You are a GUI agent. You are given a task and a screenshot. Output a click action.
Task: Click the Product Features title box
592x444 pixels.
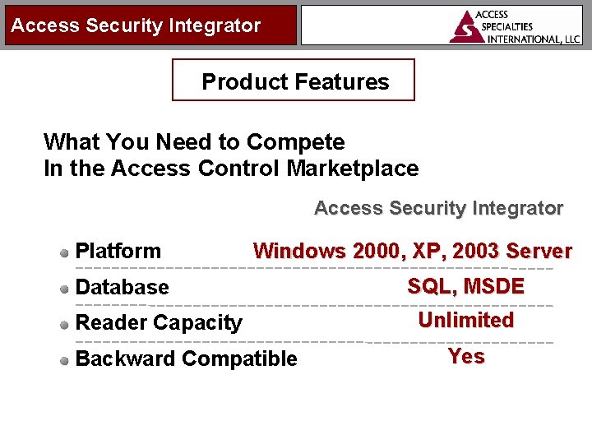294,81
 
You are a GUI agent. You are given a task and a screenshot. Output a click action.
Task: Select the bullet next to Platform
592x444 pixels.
65,252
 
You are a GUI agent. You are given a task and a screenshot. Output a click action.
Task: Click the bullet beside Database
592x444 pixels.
65,289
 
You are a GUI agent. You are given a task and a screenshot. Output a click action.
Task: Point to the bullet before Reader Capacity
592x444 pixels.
65,324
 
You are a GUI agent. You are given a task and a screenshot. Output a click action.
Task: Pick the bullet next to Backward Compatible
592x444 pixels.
65,359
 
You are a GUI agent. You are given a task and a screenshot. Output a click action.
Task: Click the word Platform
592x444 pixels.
118,251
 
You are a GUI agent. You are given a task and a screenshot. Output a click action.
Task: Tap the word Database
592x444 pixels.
122,287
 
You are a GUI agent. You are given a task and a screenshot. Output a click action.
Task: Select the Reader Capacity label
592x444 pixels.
159,323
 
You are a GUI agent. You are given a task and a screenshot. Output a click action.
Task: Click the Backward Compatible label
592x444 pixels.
186,358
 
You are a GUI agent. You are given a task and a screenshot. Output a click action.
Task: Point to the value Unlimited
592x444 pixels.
465,320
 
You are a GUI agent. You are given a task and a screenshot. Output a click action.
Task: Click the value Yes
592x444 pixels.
466,356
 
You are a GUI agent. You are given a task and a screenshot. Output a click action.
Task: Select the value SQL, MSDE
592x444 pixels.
465,286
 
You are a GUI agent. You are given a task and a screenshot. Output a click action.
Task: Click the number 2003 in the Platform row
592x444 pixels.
475,251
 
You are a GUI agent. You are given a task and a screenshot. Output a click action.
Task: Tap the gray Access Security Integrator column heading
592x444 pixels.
438,208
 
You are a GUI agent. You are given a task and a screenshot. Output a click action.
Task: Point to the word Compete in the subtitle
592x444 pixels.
295,142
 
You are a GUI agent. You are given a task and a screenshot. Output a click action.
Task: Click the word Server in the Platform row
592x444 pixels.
539,251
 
